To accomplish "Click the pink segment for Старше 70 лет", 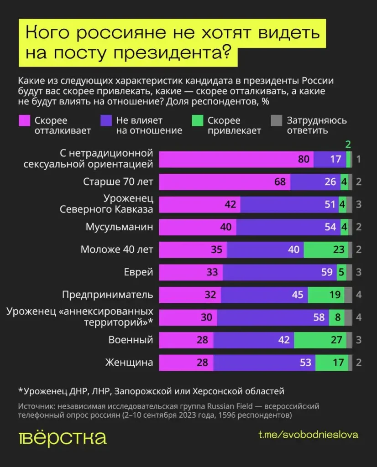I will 224,182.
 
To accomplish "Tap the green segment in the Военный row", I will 320,340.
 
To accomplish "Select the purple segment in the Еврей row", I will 279,272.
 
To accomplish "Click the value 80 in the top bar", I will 304,160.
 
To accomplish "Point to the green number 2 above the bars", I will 348,145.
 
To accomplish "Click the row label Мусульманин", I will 119,227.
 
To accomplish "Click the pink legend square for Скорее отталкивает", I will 24,121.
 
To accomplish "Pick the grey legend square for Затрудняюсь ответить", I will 276,121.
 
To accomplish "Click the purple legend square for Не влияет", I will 105,121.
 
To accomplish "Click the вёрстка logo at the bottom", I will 63,437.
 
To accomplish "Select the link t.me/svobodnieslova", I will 308,435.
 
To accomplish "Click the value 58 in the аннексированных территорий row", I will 319,317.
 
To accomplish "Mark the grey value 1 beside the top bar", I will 359,160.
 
